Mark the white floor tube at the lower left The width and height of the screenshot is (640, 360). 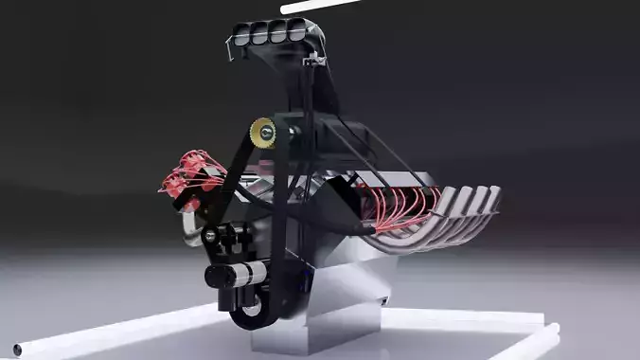pos(114,332)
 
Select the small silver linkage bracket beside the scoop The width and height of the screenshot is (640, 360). pos(309,61)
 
